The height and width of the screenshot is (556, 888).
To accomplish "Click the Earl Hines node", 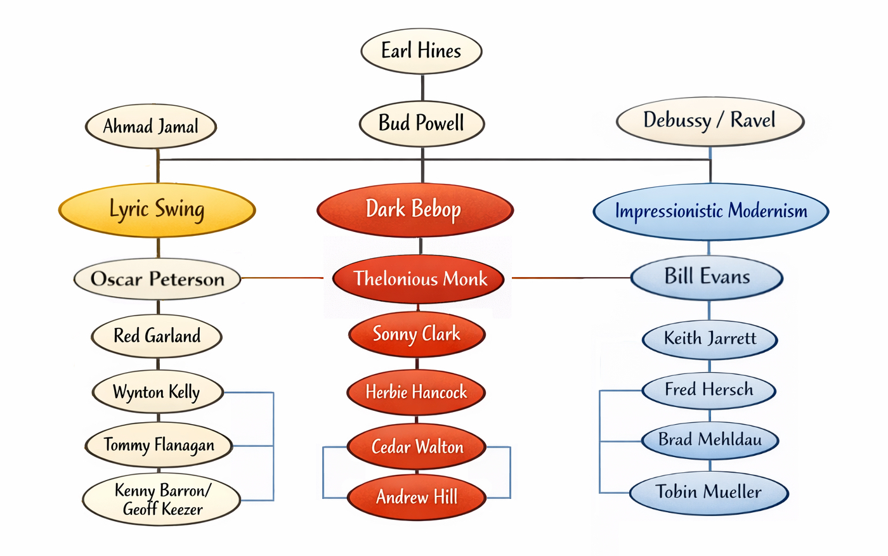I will click(x=421, y=51).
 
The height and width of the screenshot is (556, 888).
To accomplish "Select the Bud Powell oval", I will click(x=422, y=123).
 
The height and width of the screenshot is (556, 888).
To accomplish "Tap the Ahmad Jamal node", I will click(x=151, y=127).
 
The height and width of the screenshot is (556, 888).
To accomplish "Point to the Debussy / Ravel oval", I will click(x=710, y=120).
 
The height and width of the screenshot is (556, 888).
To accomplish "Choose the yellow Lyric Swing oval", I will click(x=157, y=210).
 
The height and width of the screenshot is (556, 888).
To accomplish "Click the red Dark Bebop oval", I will click(x=414, y=210).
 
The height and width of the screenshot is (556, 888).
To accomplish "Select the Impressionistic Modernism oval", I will click(x=710, y=211).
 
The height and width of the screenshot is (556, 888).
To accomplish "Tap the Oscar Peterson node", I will click(x=157, y=279).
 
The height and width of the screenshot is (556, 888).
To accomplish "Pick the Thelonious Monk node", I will click(x=419, y=279).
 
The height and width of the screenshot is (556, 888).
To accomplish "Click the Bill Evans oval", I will click(x=707, y=277).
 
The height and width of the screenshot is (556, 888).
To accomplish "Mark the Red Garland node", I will click(x=157, y=336).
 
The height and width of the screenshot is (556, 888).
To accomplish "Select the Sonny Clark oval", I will click(x=417, y=334).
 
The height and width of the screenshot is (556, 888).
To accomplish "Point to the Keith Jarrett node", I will click(x=710, y=339).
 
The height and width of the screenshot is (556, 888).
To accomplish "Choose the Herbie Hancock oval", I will click(x=416, y=392).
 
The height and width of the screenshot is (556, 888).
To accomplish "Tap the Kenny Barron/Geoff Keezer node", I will click(x=162, y=500).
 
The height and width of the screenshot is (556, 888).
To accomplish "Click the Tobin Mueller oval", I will click(x=708, y=492).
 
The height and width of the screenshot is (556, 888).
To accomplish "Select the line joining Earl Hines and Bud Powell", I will click(x=422, y=87).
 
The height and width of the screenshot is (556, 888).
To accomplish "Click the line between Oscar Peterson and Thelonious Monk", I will click(x=282, y=278).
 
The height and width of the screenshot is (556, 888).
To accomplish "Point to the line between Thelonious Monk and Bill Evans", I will click(x=571, y=278).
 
